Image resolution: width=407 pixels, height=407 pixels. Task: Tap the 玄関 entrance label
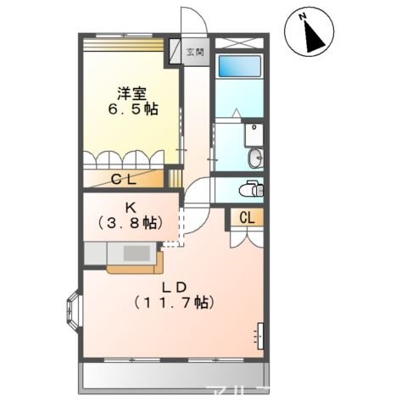coord(195,53)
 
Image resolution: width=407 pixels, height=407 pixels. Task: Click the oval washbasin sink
coord(255,158)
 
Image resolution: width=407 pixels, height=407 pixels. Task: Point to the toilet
coord(252,188)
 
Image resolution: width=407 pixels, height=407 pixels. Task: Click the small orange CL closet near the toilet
coord(247,217)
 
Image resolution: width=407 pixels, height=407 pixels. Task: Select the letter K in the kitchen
coord(132,207)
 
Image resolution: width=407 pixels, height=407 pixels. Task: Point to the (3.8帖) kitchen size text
coord(132,224)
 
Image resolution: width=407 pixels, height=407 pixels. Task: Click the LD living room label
coord(175,285)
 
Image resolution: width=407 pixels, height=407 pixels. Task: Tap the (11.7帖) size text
coord(175,302)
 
